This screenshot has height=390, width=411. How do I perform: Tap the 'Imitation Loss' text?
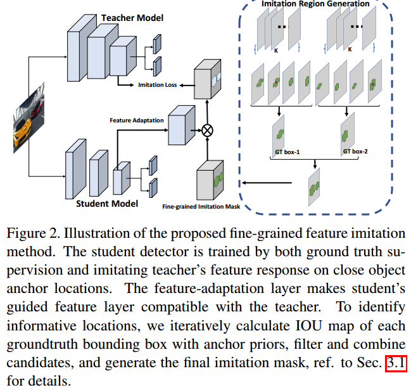[158, 84]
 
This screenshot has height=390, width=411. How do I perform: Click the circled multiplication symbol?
[207, 131]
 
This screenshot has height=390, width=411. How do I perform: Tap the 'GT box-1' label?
[276, 152]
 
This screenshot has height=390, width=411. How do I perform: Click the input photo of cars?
[23, 118]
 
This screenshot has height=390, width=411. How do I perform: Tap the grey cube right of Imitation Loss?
[210, 81]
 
